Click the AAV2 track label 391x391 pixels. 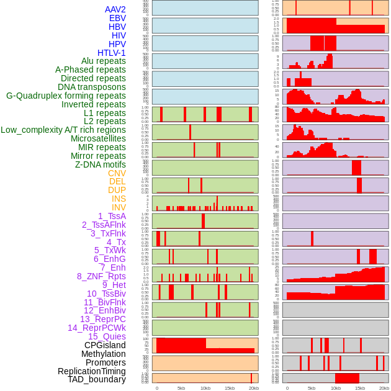[x=115, y=9]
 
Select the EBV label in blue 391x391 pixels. [x=117, y=18]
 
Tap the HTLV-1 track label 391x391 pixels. [x=112, y=53]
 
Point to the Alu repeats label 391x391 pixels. [x=104, y=61]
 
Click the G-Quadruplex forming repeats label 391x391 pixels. [x=66, y=96]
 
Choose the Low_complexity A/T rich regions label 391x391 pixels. [x=63, y=130]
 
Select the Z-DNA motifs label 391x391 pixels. [x=101, y=164]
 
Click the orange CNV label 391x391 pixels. [x=117, y=173]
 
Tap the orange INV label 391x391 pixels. [x=119, y=207]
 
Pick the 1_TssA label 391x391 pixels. [x=112, y=216]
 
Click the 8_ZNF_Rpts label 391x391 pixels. [x=101, y=276]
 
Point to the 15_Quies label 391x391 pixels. [x=107, y=336]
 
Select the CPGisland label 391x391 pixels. [x=105, y=345]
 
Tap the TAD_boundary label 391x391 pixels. [x=97, y=379]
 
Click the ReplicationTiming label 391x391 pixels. [x=92, y=371]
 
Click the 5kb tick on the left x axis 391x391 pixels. [x=181, y=388]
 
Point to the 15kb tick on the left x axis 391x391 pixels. [x=230, y=388]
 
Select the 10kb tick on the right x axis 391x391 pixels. [x=336, y=388]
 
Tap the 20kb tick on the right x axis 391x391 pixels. [x=384, y=388]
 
